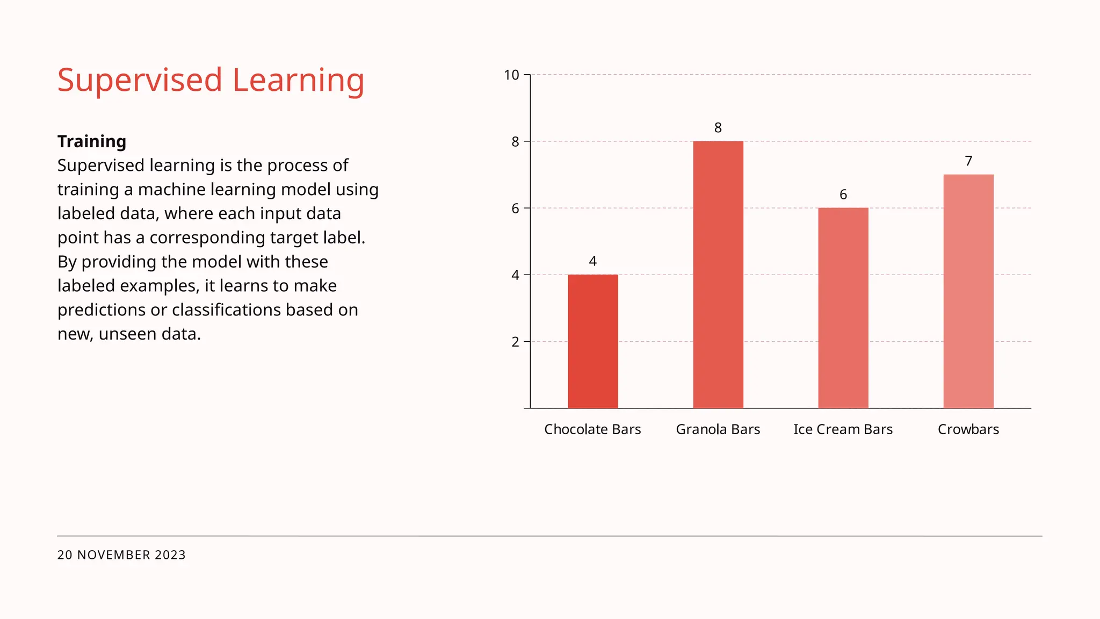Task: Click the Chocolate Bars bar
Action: (x=593, y=341)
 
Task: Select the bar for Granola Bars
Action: (x=718, y=275)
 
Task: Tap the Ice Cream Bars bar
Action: (x=843, y=308)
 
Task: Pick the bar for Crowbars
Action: (x=968, y=291)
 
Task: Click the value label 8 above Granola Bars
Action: (x=718, y=128)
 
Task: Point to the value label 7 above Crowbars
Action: (x=968, y=161)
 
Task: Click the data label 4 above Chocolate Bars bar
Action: (x=593, y=261)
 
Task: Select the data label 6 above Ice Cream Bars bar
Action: (x=843, y=195)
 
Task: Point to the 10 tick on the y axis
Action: (x=511, y=75)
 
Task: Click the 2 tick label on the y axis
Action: (x=515, y=342)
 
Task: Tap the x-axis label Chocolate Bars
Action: (x=592, y=429)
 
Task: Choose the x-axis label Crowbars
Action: (x=968, y=429)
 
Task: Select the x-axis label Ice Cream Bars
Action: (x=843, y=429)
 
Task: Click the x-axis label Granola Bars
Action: (x=718, y=429)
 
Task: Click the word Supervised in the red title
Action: (x=140, y=81)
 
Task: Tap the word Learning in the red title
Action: (x=298, y=81)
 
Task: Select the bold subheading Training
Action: (x=92, y=141)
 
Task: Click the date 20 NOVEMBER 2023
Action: (x=121, y=555)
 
